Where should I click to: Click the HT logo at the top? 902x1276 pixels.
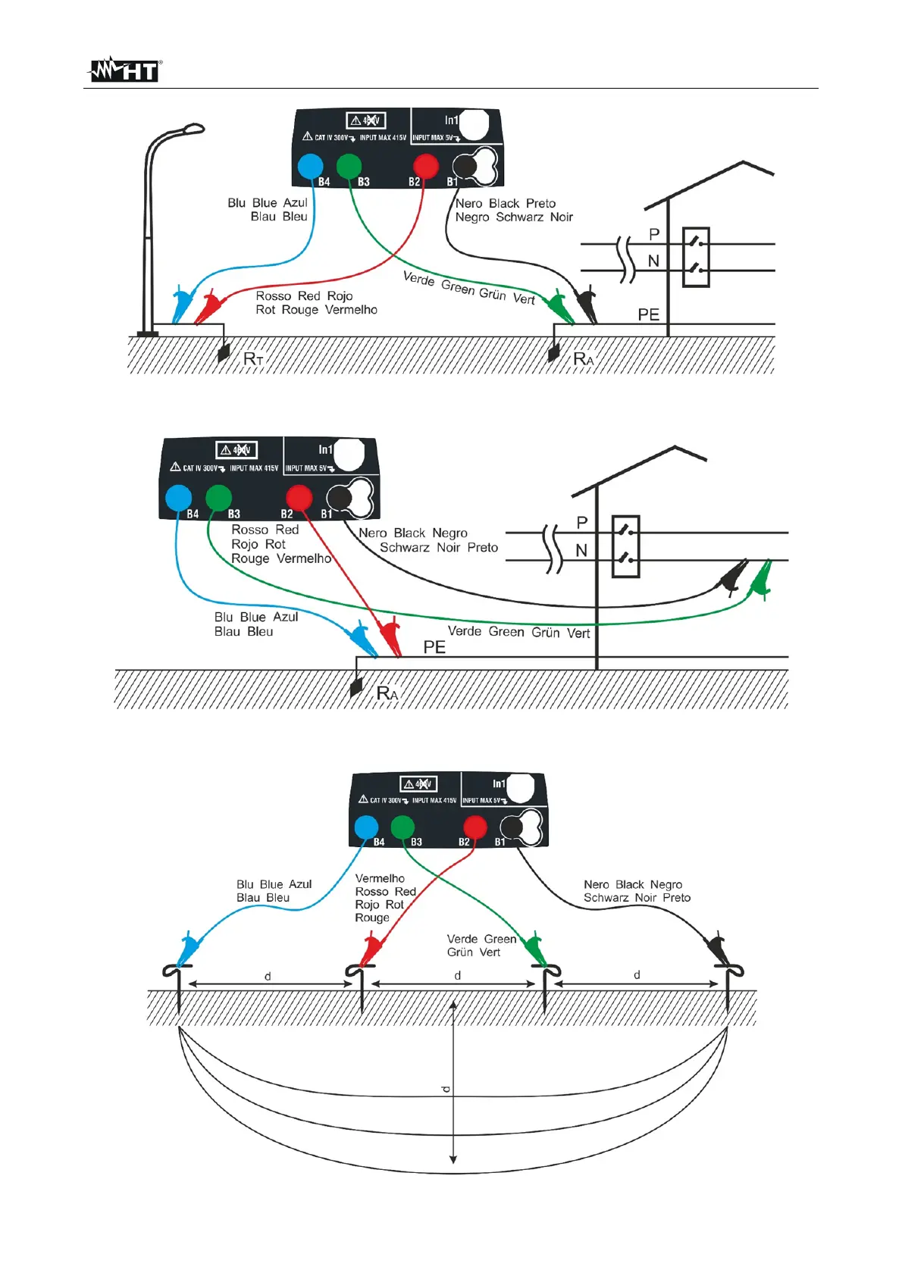click(124, 70)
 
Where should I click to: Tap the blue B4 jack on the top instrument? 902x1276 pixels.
click(310, 166)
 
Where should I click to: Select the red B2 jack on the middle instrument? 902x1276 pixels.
click(299, 498)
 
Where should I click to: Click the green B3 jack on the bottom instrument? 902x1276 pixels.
click(402, 827)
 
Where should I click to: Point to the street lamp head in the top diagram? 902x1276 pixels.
click(189, 130)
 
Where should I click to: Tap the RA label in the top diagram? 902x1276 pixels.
click(583, 358)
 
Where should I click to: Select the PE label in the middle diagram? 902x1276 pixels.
click(434, 647)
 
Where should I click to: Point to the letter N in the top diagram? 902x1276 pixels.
click(653, 261)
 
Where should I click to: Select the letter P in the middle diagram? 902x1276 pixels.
click(582, 523)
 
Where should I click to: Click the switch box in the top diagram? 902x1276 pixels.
click(696, 257)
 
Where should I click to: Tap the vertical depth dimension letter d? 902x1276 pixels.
click(446, 1089)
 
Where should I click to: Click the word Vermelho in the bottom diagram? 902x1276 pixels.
click(380, 878)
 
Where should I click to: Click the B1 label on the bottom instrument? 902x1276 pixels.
click(500, 842)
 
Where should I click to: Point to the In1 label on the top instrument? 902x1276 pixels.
click(452, 120)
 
